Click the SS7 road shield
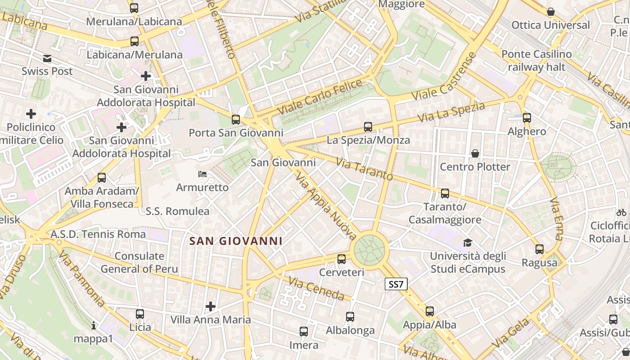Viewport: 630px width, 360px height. tap(396, 284)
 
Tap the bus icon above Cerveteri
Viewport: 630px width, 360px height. tap(342, 259)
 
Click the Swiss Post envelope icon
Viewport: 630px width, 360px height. tap(47, 58)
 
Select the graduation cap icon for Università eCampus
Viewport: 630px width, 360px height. tap(468, 243)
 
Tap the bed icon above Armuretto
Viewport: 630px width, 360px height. tap(202, 174)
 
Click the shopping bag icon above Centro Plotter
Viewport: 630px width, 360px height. tap(475, 153)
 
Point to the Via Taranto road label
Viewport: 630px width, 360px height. tap(364, 169)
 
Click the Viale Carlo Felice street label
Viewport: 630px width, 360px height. tap(319, 96)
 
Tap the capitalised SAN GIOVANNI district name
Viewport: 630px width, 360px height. tap(236, 241)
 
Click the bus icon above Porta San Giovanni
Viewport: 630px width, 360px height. tap(236, 119)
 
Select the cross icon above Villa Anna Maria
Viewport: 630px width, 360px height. tap(210, 307)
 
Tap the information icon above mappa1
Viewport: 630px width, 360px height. tap(94, 325)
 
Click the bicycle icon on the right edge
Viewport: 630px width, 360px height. tap(621, 212)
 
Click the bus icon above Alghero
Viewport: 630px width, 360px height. tap(526, 118)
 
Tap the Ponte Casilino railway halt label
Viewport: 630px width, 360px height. tap(536, 61)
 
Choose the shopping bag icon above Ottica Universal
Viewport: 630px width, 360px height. tap(550, 12)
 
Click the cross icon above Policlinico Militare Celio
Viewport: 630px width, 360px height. tap(31, 114)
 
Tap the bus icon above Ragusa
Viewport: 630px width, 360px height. tap(539, 249)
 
